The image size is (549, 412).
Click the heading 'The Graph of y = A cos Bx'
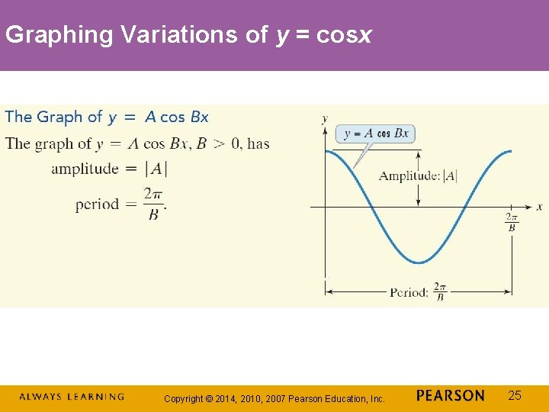(107, 117)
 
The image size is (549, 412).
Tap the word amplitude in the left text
(85, 169)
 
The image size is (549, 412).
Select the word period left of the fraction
(97, 204)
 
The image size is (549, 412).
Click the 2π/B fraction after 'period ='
(153, 204)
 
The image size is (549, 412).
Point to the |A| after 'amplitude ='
(156, 169)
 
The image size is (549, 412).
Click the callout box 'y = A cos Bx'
(376, 134)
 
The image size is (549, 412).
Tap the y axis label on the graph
(326, 118)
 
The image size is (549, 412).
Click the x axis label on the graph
(539, 207)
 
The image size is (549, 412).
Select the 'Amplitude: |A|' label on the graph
(419, 176)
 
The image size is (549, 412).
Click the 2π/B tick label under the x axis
(512, 222)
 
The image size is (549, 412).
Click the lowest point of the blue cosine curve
(419, 262)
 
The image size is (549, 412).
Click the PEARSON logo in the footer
(451, 396)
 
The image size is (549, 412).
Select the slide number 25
(515, 395)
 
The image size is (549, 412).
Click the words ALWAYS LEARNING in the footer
(71, 397)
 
